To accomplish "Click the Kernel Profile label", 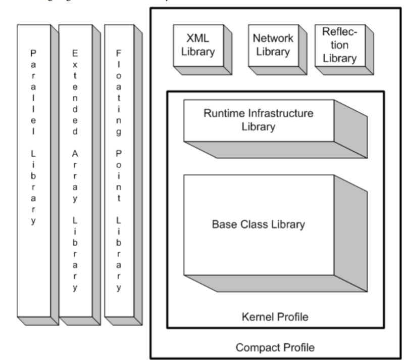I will click(x=275, y=317).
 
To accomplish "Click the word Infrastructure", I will click(x=279, y=113).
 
